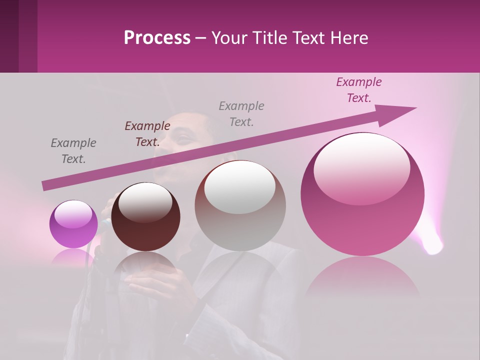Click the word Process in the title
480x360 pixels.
(157, 38)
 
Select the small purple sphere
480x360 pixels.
(73, 224)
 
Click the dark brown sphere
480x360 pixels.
(145, 217)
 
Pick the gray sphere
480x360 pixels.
(240, 206)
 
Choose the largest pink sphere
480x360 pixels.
(362, 195)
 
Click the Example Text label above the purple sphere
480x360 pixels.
(73, 151)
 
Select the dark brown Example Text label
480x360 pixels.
(147, 134)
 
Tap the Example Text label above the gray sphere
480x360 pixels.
(241, 114)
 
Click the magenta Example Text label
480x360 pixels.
(359, 90)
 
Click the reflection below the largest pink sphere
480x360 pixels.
(362, 277)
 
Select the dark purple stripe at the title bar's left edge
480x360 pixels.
(9, 36)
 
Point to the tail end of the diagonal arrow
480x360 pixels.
(45, 186)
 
